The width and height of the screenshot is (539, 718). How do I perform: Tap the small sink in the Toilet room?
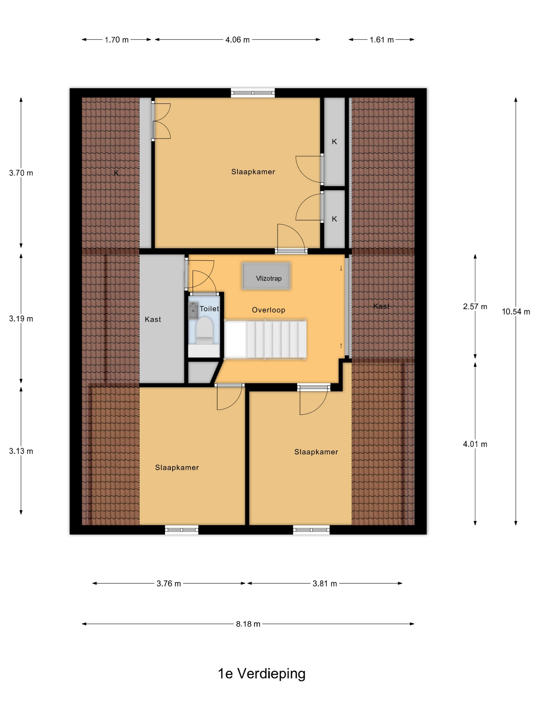tap(193, 310)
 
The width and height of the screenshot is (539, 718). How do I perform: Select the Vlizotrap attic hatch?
tap(266, 276)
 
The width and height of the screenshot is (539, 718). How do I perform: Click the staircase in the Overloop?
tap(265, 339)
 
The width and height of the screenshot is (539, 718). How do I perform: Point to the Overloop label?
tap(268, 310)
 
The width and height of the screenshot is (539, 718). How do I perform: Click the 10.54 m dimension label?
tap(516, 312)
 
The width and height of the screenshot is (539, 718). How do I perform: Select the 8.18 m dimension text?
tap(248, 624)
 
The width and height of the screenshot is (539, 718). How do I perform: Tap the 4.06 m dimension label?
tap(237, 39)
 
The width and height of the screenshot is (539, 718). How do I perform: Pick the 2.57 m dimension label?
tap(475, 306)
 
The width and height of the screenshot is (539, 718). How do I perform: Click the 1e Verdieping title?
tap(262, 674)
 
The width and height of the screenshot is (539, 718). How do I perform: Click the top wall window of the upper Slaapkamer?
tap(253, 93)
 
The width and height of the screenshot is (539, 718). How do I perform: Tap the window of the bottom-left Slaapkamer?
tap(182, 530)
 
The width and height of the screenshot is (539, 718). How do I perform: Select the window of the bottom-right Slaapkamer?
tap(311, 530)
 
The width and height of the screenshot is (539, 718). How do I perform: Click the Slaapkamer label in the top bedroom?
tap(253, 172)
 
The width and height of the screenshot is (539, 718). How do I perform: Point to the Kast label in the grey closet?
tap(153, 320)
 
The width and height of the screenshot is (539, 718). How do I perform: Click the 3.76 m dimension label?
tap(169, 583)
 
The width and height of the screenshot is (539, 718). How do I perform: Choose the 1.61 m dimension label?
tap(381, 39)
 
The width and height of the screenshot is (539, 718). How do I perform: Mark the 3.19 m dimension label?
tap(21, 319)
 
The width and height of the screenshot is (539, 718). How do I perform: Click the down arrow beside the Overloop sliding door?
tap(341, 268)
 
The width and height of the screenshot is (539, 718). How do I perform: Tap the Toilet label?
tap(209, 309)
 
